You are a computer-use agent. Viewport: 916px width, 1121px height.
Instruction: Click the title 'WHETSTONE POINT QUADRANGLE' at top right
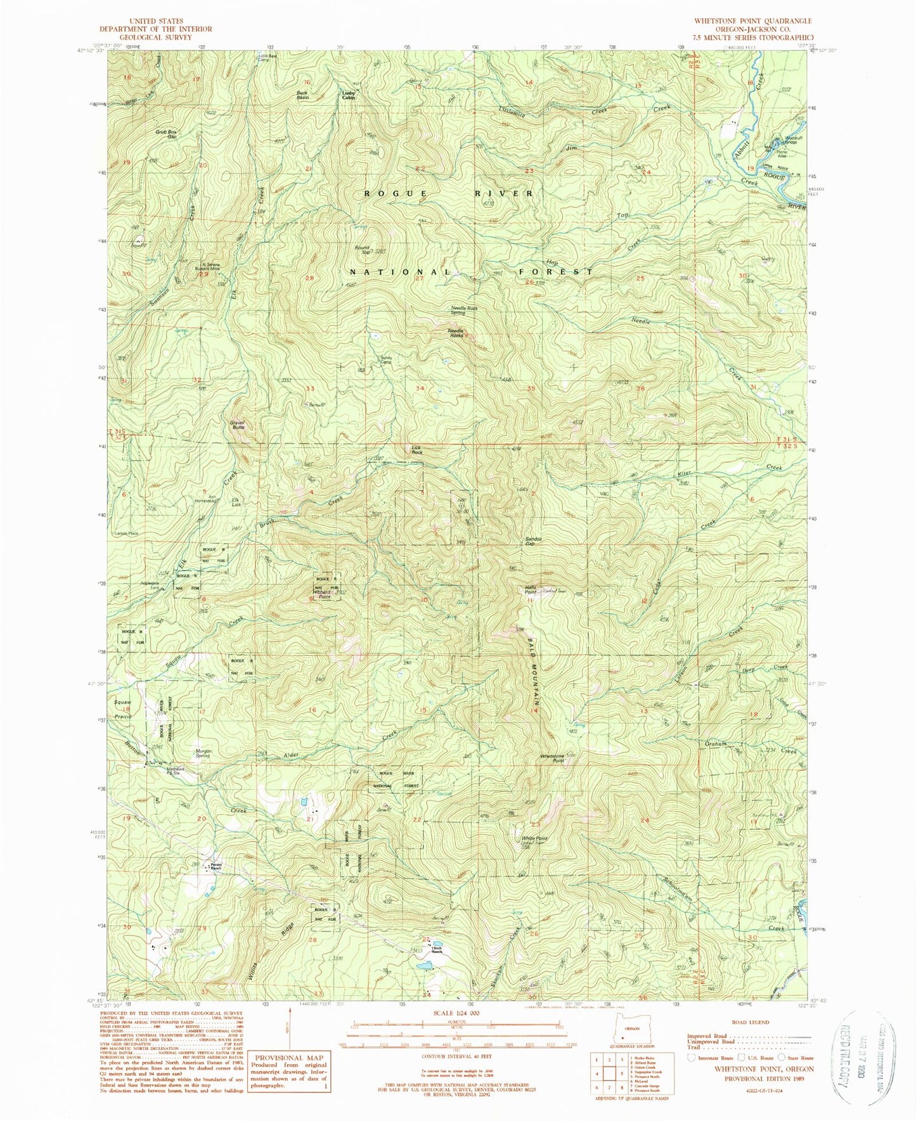click(x=752, y=21)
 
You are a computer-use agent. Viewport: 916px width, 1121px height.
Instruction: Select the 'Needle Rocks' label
click(x=456, y=333)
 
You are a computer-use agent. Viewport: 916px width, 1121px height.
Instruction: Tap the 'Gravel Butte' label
click(x=238, y=425)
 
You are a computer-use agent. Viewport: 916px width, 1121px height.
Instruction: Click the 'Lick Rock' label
click(x=416, y=450)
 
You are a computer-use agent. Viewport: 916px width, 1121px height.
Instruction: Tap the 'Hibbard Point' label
click(x=324, y=595)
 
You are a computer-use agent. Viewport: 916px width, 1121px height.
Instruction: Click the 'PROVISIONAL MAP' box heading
click(x=288, y=1057)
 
